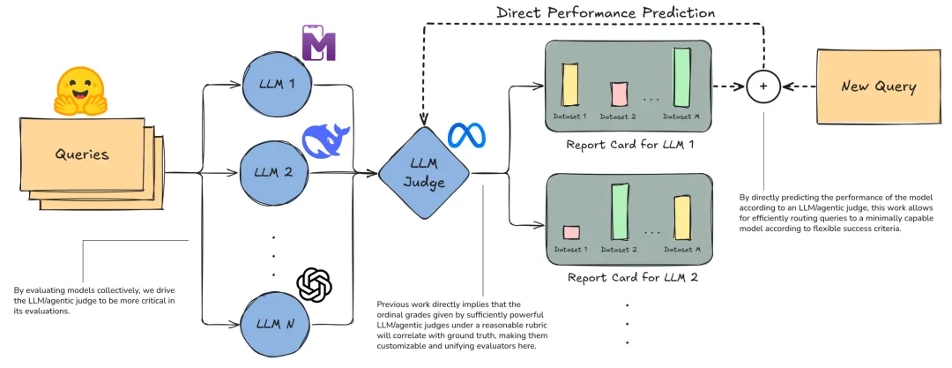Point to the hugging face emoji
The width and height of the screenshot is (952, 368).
tap(80, 91)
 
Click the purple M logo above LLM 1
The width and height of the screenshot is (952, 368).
tap(319, 43)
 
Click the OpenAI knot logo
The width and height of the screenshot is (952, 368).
tap(315, 284)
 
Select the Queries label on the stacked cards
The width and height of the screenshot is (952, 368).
tap(81, 154)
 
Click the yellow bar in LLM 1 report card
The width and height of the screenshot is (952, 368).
tap(569, 85)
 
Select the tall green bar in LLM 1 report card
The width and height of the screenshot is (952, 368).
tap(681, 78)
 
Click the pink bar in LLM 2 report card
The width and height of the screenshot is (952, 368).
tap(570, 233)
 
